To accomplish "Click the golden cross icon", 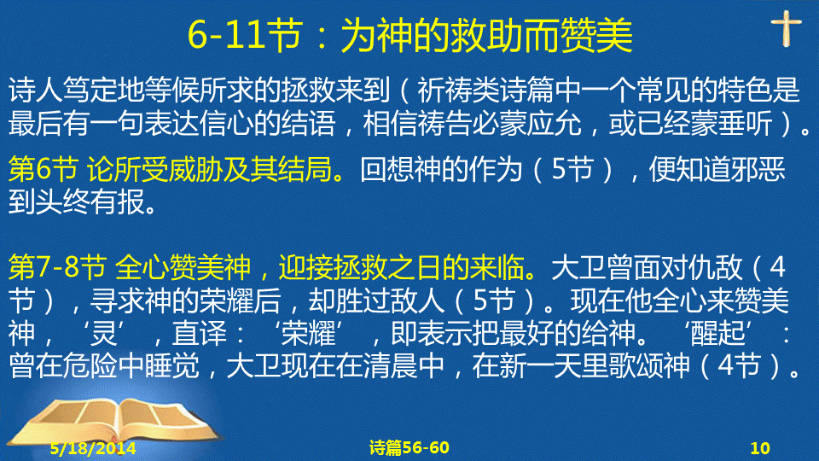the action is (786, 29).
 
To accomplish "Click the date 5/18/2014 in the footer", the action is (93, 448).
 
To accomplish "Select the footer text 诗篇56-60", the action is (409, 447).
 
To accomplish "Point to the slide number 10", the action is (760, 448).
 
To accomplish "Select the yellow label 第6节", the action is (43, 169).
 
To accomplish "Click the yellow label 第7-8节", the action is (57, 267).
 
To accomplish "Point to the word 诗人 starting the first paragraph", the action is (36, 90).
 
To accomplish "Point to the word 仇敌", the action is (716, 267).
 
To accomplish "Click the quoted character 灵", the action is (104, 334).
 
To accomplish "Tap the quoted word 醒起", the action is (717, 334).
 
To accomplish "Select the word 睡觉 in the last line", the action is (171, 366).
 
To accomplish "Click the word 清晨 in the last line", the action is (390, 366).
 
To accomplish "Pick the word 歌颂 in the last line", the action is (636, 366).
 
